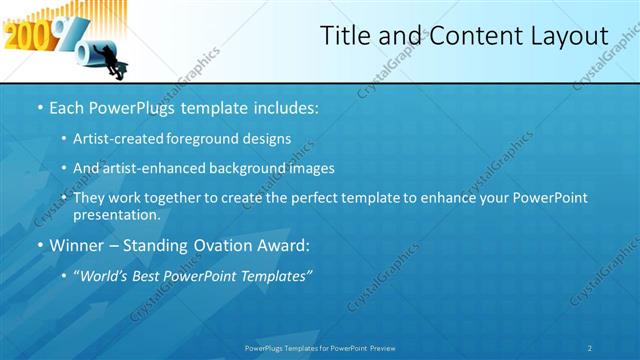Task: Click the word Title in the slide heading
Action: click(346, 35)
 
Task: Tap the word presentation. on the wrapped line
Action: click(116, 215)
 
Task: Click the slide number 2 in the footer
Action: click(590, 347)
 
